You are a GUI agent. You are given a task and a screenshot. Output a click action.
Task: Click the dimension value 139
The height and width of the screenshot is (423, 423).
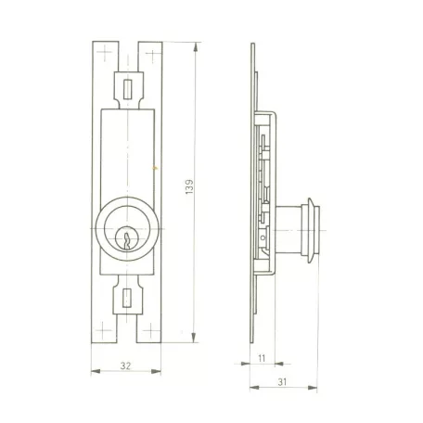point(189,186)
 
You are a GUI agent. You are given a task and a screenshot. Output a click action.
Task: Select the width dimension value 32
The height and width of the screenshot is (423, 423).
point(125,365)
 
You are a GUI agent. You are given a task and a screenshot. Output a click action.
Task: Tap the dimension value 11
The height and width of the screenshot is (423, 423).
point(262,358)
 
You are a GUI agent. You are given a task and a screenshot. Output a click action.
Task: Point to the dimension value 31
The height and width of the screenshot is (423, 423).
point(282,382)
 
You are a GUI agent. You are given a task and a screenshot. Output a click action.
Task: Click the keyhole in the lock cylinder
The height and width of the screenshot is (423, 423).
point(126,241)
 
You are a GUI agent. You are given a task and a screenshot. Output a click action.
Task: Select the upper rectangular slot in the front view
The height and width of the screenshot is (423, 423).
point(128,89)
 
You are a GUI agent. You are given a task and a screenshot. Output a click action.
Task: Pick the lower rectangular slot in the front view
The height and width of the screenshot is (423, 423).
point(127,298)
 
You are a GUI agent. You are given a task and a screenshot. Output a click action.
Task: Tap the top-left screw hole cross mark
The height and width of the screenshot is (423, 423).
point(105,52)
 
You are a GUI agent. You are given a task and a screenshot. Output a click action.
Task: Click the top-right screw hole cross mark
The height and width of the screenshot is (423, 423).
point(153,55)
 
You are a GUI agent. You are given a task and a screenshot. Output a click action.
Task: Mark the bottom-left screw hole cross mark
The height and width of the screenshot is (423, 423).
point(103,330)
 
